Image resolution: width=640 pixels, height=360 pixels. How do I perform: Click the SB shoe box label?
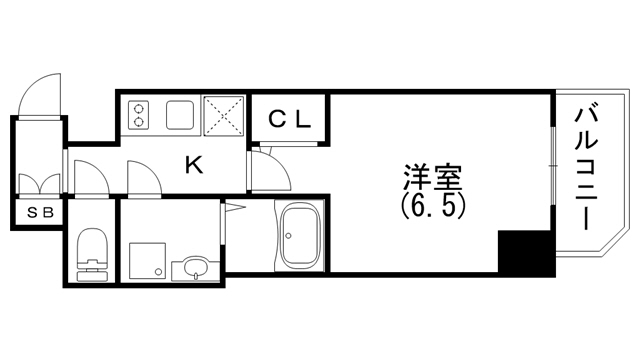(x=40, y=213)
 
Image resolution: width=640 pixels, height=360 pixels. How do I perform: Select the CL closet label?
(x=291, y=118)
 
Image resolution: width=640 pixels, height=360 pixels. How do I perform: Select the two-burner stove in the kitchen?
(x=139, y=116)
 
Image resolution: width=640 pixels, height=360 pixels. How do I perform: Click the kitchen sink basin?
(x=181, y=115)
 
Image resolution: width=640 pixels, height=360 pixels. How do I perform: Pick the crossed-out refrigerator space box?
(x=225, y=115)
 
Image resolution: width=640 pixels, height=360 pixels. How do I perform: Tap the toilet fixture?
(x=93, y=252)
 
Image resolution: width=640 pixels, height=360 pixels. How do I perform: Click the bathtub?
(x=299, y=237)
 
